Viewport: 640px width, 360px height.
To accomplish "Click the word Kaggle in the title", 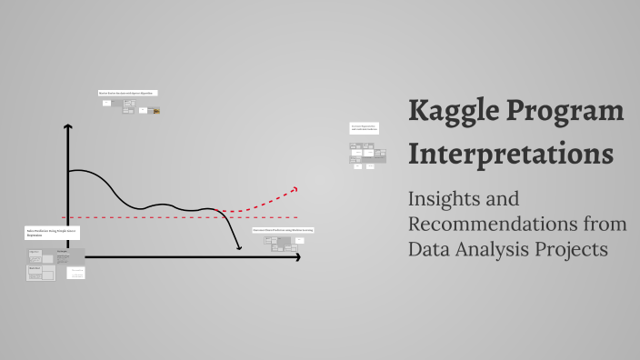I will click(x=453, y=111).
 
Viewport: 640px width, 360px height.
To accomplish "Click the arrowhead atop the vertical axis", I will click(x=67, y=128).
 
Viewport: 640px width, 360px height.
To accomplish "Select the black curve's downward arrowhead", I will click(x=239, y=247).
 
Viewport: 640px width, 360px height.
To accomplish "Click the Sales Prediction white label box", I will click(x=53, y=234).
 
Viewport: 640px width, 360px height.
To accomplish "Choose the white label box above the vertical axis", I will click(x=128, y=93).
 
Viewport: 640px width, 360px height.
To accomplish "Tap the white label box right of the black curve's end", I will click(x=283, y=230).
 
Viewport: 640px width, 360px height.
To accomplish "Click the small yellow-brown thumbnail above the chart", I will click(x=156, y=111).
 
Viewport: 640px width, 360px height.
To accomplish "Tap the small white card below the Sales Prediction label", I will click(x=77, y=273).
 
